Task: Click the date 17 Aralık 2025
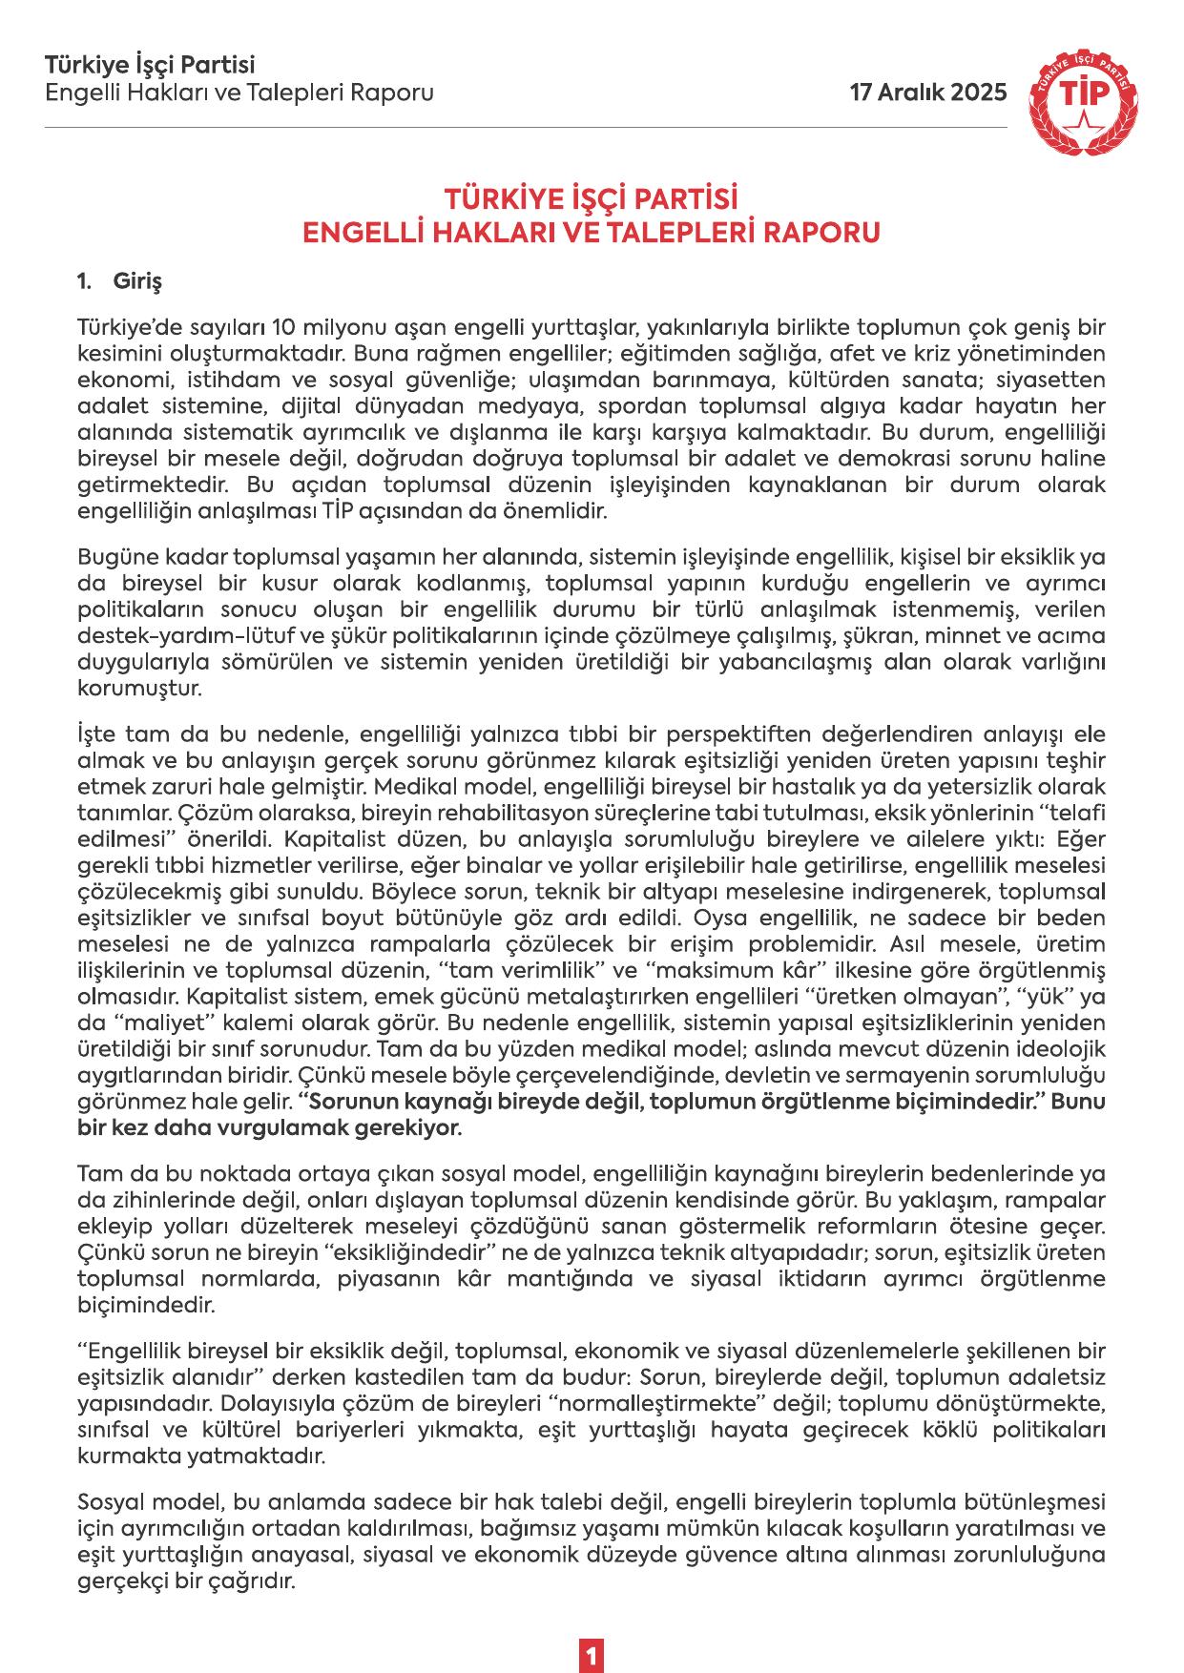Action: tap(928, 93)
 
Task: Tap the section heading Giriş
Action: tap(138, 282)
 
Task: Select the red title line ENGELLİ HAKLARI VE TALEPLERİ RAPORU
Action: tap(591, 233)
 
